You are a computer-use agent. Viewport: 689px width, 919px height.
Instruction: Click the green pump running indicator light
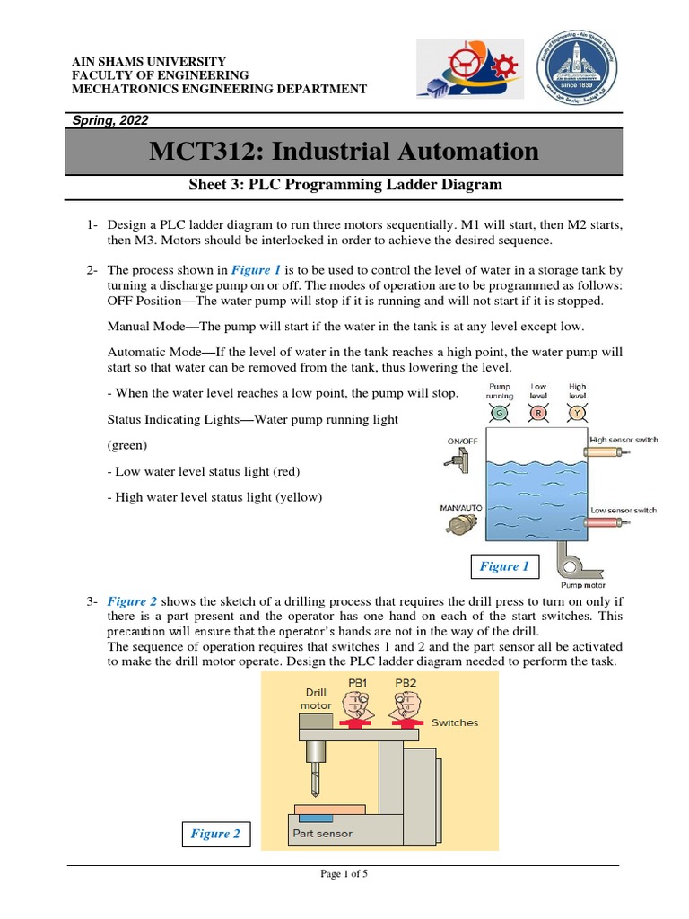(499, 414)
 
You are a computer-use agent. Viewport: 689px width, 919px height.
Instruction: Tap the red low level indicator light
(538, 414)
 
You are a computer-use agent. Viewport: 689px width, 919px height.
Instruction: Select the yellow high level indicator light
(578, 414)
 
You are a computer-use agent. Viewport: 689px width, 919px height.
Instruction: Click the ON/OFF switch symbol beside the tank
(457, 460)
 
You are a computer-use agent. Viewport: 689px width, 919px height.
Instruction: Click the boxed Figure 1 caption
(503, 566)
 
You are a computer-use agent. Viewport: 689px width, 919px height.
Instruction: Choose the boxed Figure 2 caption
(215, 834)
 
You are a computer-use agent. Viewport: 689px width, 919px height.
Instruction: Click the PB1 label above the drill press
(358, 683)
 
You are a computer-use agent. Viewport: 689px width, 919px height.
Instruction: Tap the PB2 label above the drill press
(406, 683)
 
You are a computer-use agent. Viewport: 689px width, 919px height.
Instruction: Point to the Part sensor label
(322, 834)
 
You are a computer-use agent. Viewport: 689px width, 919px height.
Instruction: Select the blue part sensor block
(315, 818)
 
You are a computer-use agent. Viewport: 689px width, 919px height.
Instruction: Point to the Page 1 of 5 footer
(344, 876)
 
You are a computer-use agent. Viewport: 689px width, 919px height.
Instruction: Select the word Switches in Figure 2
(455, 722)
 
